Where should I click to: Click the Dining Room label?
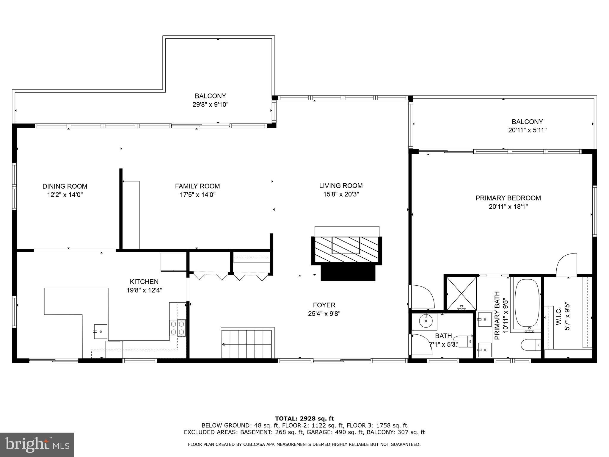65,186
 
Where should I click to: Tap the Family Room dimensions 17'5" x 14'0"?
197,195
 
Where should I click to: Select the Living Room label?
341,186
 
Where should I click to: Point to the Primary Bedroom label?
508,198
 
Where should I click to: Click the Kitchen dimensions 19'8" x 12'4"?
144,290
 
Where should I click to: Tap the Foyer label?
324,305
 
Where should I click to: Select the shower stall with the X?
460,293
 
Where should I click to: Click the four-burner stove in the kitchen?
178,328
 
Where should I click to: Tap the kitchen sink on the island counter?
101,331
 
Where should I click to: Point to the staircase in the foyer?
247,344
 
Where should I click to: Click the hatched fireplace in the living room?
346,249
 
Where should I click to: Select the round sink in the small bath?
426,320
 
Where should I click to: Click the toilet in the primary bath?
530,345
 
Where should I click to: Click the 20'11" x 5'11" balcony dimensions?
527,130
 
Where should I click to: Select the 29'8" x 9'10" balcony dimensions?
210,104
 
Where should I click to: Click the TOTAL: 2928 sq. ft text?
304,419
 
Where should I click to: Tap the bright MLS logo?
37,445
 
